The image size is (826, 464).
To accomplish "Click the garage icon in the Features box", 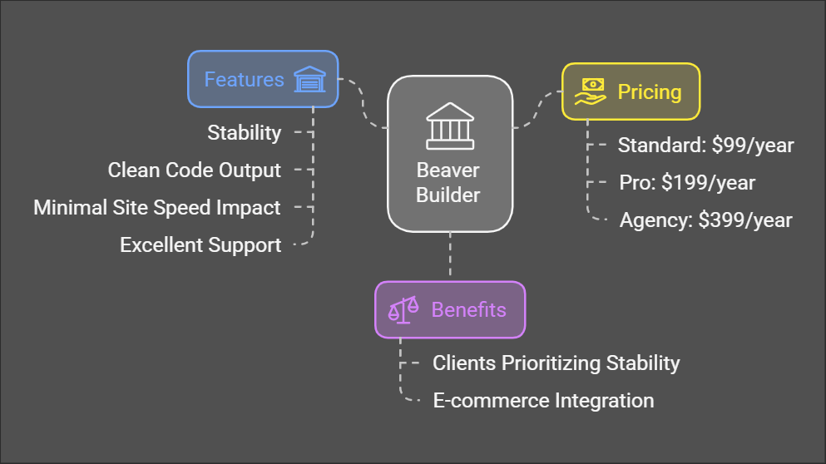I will click(x=310, y=80).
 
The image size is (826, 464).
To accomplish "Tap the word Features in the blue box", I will click(x=245, y=80).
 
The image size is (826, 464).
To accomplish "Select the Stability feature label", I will click(x=244, y=133).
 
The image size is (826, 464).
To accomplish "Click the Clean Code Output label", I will click(x=195, y=170).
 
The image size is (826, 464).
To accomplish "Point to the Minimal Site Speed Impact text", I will click(x=157, y=208).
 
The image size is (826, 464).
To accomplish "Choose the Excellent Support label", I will click(x=200, y=245).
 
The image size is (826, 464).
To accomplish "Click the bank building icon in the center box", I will click(x=449, y=127).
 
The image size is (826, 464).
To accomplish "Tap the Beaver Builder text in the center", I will click(x=448, y=183).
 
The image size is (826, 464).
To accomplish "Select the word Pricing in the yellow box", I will click(x=649, y=91).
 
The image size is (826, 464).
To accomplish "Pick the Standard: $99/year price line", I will click(x=705, y=146).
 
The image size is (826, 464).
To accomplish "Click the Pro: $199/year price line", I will click(x=687, y=183).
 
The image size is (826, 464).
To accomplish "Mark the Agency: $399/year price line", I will click(x=705, y=220).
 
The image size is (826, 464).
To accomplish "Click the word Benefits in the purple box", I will click(x=468, y=310).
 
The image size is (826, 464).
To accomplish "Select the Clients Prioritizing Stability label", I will click(x=556, y=363).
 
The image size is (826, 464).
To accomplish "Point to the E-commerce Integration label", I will click(x=543, y=401).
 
